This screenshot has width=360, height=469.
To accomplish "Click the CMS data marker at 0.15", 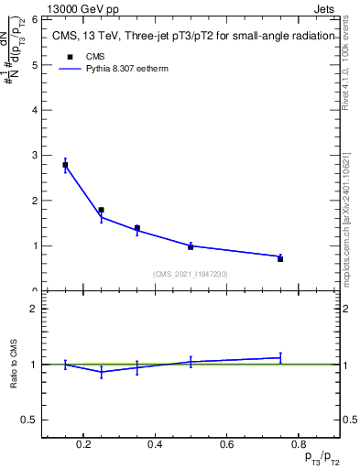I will [x=66, y=165].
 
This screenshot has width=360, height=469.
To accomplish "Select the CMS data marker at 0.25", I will [x=101, y=210].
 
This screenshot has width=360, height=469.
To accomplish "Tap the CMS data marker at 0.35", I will [x=136, y=228].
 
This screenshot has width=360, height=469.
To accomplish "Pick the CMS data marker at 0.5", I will [x=190, y=246].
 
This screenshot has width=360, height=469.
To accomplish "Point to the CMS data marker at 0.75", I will [x=279, y=258].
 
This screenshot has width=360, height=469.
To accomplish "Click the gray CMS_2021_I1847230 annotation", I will [x=190, y=273].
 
